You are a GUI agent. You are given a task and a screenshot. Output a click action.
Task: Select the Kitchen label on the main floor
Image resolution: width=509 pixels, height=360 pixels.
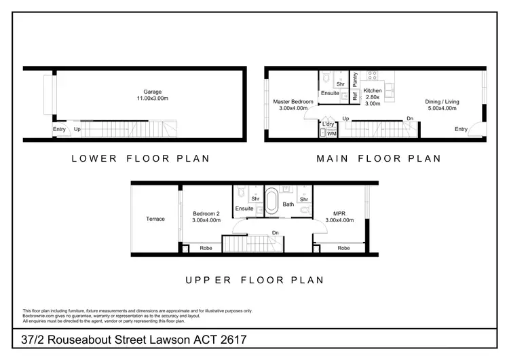(x=373, y=90)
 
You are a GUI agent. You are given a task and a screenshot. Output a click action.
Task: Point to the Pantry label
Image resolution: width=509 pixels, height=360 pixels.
(x=355, y=79)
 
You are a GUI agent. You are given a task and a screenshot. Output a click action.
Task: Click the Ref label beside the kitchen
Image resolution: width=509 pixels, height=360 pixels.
(x=355, y=96)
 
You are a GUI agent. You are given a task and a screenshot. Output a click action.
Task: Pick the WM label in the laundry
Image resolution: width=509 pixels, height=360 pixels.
(x=331, y=134)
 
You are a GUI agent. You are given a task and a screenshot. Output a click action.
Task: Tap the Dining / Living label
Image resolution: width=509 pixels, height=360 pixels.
(x=442, y=102)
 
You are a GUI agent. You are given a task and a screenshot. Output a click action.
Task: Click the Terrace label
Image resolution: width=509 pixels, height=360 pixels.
(x=155, y=219)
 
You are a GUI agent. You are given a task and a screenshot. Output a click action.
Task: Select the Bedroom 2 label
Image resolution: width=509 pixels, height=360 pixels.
(x=206, y=212)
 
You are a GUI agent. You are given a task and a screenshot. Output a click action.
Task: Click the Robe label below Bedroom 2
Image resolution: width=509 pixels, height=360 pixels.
(x=204, y=249)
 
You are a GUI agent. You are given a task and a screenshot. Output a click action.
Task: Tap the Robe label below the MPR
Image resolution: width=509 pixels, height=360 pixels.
(x=343, y=249)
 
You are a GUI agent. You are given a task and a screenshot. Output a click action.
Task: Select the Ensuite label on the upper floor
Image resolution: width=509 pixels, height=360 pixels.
(x=244, y=209)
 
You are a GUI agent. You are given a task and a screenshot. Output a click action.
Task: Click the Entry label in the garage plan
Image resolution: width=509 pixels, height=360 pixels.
(x=60, y=128)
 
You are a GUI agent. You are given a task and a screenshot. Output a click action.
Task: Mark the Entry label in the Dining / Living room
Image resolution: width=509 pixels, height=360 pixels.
(x=461, y=129)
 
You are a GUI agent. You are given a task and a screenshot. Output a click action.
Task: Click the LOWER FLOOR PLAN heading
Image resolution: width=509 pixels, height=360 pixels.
(x=140, y=159)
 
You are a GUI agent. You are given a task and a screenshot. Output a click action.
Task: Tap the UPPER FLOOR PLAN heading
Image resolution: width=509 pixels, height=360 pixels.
(x=255, y=279)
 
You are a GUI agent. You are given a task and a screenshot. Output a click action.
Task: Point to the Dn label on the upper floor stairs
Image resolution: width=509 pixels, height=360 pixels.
(x=275, y=233)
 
